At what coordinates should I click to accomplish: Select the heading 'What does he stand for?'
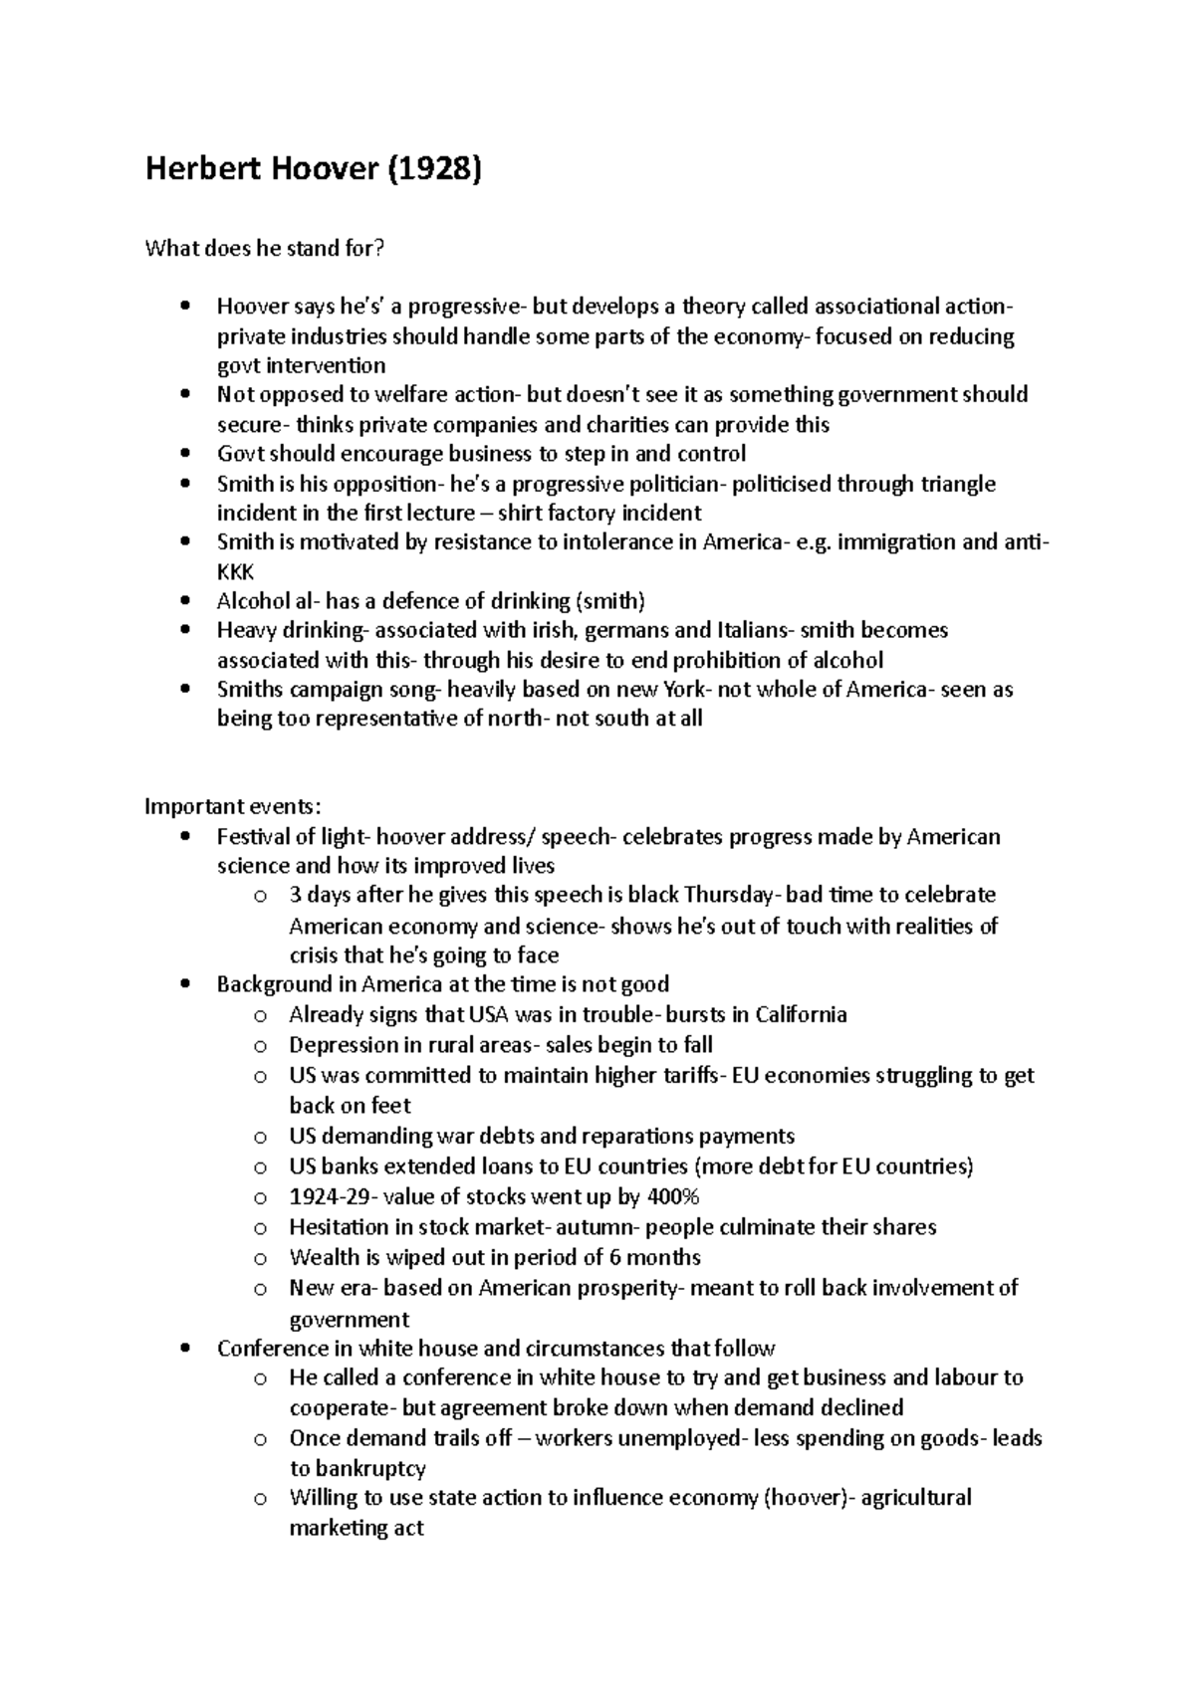coord(264,249)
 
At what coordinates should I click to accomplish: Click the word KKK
coord(236,572)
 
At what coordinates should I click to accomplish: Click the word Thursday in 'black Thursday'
coord(728,895)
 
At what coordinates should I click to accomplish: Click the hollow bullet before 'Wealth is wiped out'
coord(260,1259)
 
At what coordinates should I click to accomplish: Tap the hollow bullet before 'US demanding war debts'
coord(260,1138)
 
